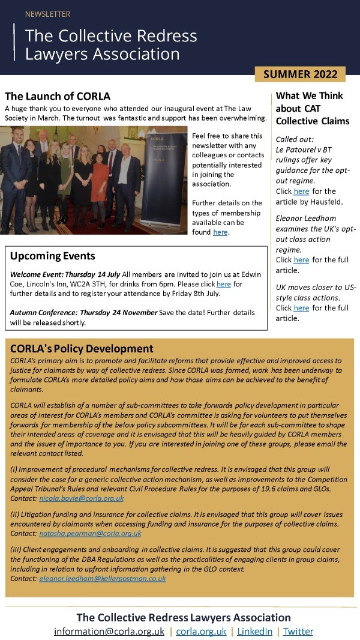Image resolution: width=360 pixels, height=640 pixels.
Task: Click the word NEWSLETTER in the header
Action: pos(47,14)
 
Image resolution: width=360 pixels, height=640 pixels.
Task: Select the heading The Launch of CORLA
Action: pos(58,96)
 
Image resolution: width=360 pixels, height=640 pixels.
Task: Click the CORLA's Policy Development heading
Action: pos(82,349)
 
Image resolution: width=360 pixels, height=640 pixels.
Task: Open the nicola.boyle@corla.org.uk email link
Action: pos(82,498)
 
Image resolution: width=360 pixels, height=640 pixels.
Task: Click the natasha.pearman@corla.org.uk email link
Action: pos(90,533)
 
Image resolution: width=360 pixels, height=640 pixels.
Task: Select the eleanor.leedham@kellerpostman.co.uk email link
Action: pos(102,578)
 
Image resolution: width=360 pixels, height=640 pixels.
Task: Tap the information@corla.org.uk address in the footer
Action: pos(109,632)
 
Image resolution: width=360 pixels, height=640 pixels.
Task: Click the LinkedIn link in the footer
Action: pos(254,632)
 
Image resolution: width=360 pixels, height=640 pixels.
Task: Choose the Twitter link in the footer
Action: pos(298,632)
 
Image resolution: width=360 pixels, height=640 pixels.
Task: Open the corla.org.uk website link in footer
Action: pos(201,632)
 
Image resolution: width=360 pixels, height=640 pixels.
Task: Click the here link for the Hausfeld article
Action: pos(301,192)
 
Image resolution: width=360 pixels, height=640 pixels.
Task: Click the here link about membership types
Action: pos(220,232)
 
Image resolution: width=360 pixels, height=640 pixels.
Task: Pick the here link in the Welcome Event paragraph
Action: pos(223,284)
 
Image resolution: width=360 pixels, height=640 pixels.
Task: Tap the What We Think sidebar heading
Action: pos(310,95)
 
